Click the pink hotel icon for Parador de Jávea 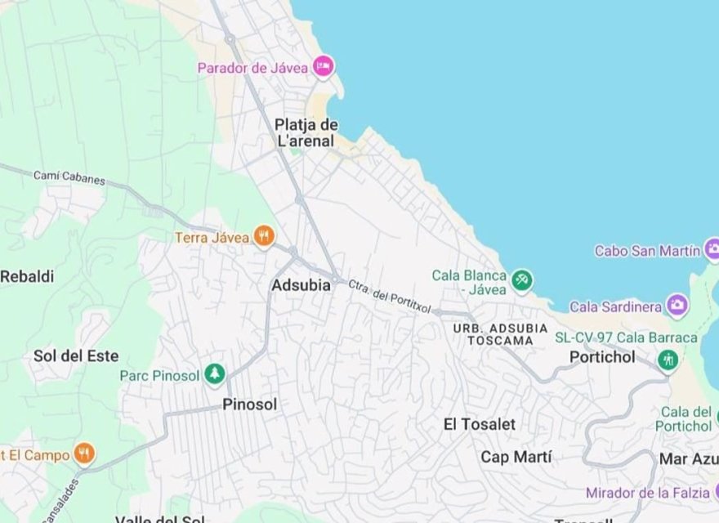pos(324,66)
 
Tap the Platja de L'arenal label pos(306,133)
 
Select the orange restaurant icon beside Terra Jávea pos(263,237)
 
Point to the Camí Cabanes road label pos(69,177)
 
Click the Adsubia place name pos(301,285)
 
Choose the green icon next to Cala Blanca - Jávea pos(522,282)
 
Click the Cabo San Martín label pos(647,251)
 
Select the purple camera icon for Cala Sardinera pos(677,306)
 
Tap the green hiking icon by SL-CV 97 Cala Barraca pos(668,360)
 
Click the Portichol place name pos(602,357)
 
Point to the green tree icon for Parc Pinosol pos(214,375)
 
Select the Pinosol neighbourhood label pos(250,405)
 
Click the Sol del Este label pos(76,356)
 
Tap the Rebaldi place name pos(27,277)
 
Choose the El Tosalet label pos(480,424)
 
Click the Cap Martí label pos(516,457)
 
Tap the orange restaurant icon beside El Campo pos(83,454)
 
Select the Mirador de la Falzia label pos(647,493)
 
